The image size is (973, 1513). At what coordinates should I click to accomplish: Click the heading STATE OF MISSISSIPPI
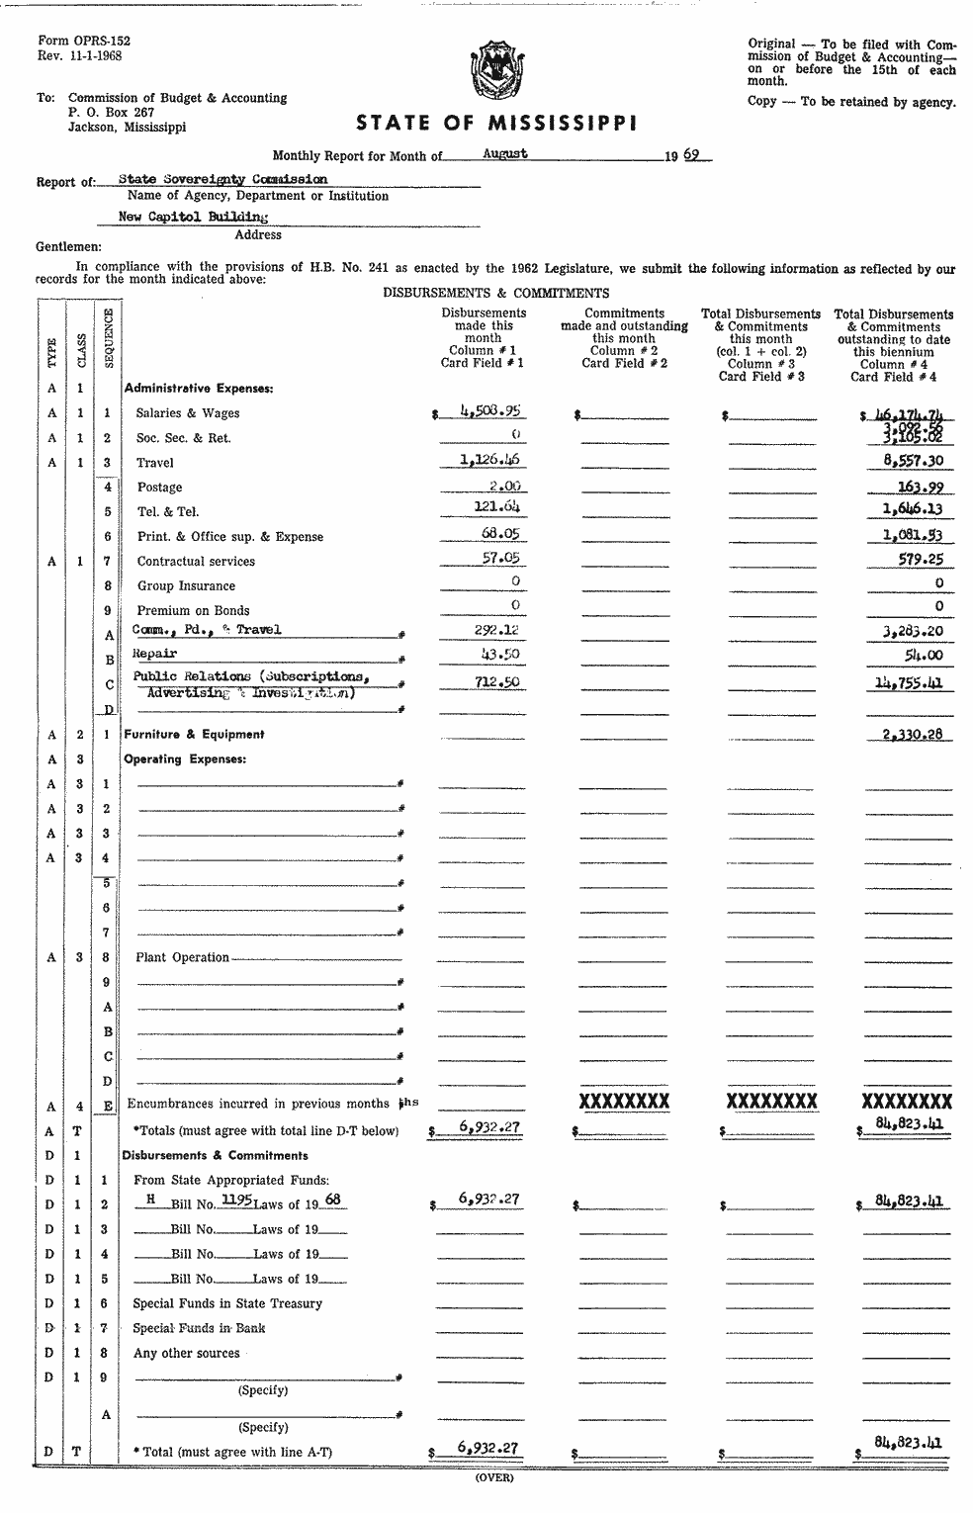coord(496,124)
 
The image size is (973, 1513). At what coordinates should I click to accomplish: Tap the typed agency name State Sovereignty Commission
coord(222,179)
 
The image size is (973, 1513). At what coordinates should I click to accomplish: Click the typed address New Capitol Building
coord(193,216)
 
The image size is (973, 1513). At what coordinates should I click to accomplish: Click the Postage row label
coord(159,488)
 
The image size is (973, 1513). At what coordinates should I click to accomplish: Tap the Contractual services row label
coord(196,562)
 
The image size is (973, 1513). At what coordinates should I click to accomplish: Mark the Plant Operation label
coord(182,957)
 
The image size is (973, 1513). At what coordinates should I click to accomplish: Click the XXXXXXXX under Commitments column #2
coord(623,1103)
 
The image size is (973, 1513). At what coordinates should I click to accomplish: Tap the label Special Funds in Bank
coord(199,1328)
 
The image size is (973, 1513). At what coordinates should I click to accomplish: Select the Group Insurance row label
coord(186,586)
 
